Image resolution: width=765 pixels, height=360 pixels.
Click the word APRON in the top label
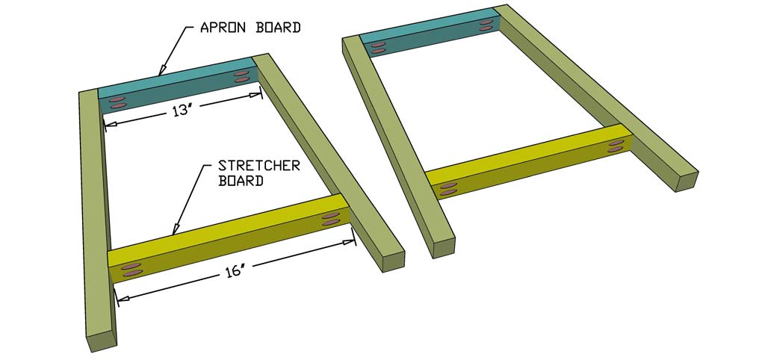tap(223, 28)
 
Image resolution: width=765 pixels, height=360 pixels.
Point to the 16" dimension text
tap(235, 272)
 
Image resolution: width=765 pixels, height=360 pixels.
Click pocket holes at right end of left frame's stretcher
tap(329, 218)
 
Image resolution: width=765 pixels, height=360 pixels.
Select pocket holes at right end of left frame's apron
tap(241, 75)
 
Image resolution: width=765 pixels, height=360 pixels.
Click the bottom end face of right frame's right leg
tap(687, 181)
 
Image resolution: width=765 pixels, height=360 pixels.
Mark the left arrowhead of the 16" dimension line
tap(121, 298)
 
